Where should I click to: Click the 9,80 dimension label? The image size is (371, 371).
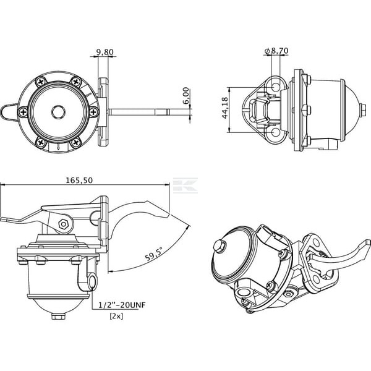105,52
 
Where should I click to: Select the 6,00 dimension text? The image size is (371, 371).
186,96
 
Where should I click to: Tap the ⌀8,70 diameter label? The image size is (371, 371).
276,51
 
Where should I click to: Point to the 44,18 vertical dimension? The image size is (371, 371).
225,108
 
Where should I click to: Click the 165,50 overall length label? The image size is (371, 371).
79,181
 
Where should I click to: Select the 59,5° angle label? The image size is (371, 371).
154,254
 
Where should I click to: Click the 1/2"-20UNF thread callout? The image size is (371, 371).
122,305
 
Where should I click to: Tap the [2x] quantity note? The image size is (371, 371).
116,316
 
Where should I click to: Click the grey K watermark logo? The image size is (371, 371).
185,185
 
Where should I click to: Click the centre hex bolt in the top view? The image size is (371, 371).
58,112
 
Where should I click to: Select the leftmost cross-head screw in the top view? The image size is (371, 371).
23,112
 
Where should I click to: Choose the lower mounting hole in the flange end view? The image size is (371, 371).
276,132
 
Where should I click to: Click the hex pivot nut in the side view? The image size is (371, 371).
64,224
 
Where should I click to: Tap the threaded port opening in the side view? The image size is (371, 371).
93,281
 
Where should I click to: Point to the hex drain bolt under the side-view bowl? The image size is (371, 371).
59,316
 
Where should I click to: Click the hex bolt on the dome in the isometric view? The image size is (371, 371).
220,245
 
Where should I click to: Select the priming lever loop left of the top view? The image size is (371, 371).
9,112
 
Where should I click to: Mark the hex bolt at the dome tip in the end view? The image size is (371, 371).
362,110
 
